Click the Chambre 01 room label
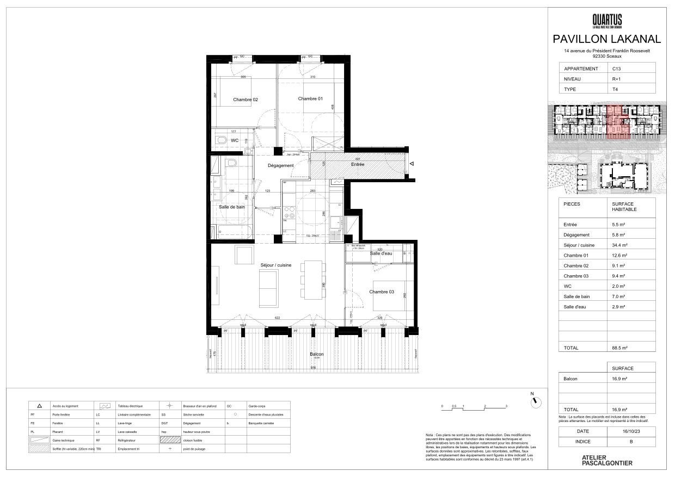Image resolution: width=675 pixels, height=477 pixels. pos(310,98)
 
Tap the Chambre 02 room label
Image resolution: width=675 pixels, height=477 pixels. pos(245,100)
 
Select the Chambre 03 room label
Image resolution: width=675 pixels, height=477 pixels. pos(381,292)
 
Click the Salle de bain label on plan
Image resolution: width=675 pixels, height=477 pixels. pos(232,207)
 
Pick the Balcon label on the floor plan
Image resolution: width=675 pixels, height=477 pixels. pos(316,354)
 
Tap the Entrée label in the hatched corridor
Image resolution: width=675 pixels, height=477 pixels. pos(358,164)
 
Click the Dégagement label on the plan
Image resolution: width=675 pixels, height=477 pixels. pos(280,165)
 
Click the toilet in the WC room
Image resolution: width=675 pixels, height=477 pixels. pos(221,141)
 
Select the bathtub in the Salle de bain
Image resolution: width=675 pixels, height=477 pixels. pos(235,232)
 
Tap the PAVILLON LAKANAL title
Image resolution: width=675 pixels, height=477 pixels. pos(607,39)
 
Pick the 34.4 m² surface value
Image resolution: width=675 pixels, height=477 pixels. pos(619,245)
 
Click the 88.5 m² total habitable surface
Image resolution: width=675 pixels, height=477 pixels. pos(619,348)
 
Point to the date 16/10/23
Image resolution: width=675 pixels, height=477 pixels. pos(631,431)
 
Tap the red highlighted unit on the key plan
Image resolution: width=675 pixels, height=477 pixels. pos(617,122)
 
